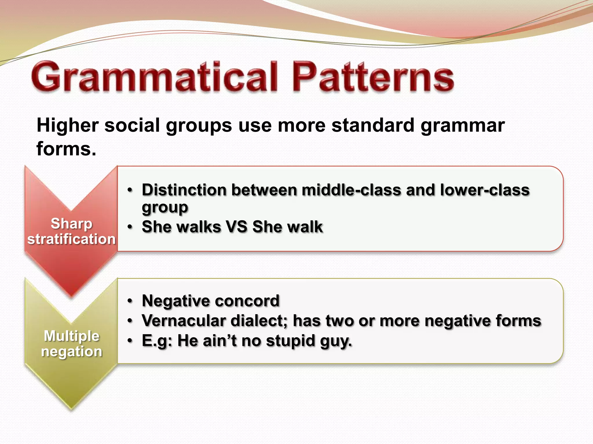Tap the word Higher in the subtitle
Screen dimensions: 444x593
[67, 126]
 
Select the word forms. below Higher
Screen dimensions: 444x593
[66, 149]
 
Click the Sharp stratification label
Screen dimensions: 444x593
[71, 231]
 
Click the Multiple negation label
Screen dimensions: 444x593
[72, 343]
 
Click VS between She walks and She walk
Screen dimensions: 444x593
[237, 227]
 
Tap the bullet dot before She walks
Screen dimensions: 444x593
[130, 227]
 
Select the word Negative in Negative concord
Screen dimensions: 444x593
[175, 301]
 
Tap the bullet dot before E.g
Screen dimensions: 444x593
[130, 341]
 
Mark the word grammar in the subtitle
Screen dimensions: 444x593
[462, 126]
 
